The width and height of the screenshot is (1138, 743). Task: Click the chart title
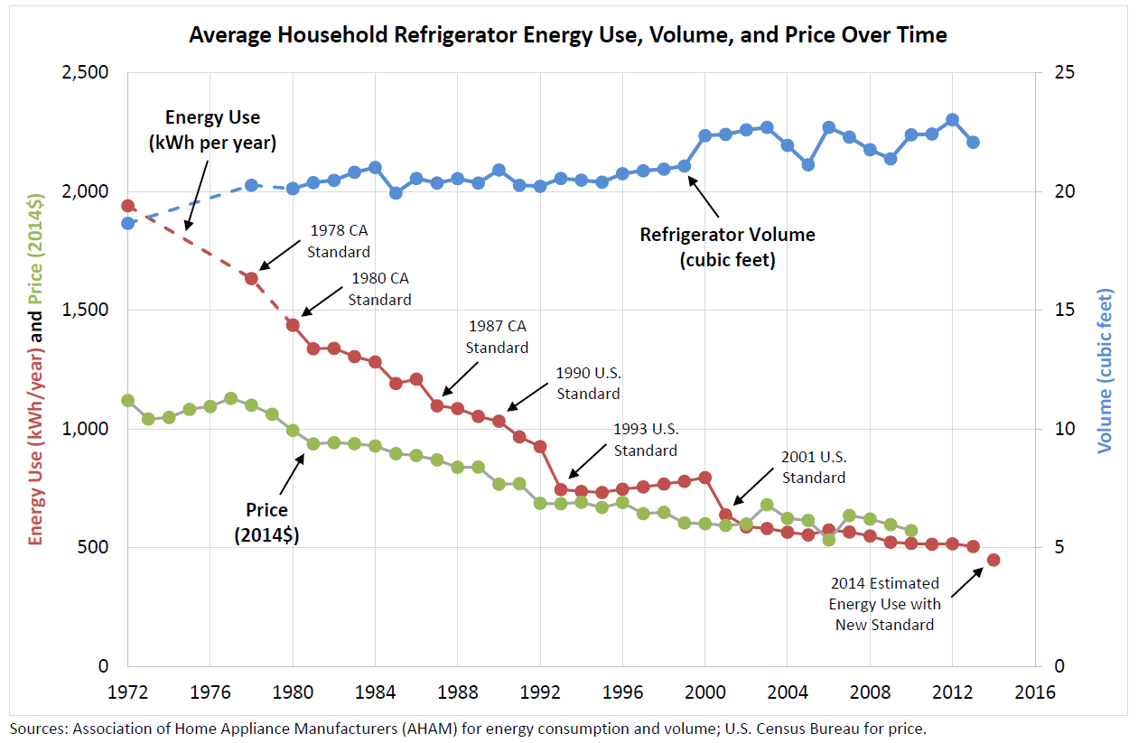pyautogui.click(x=567, y=35)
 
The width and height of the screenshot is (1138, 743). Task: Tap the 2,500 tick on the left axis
pyautogui.click(x=83, y=72)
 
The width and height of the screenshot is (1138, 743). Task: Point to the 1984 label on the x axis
pyautogui.click(x=375, y=693)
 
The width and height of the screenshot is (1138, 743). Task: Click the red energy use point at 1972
pyautogui.click(x=128, y=207)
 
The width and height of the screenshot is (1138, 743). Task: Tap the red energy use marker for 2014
pyautogui.click(x=993, y=560)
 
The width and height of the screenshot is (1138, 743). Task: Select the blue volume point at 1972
pyautogui.click(x=128, y=223)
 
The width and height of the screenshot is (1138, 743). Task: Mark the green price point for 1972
pyautogui.click(x=128, y=401)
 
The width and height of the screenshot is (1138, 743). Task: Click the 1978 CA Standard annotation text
pyautogui.click(x=339, y=242)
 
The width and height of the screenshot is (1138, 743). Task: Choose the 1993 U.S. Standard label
pyautogui.click(x=645, y=440)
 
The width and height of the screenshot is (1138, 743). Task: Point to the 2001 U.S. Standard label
pyautogui.click(x=814, y=467)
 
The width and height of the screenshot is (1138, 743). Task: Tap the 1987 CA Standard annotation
pyautogui.click(x=497, y=336)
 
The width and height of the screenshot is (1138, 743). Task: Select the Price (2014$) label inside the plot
pyautogui.click(x=266, y=523)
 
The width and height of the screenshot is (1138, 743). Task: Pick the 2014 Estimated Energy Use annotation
pyautogui.click(x=884, y=603)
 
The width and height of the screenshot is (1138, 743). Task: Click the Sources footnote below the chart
pyautogui.click(x=468, y=727)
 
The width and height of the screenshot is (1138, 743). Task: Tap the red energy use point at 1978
pyautogui.click(x=252, y=278)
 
